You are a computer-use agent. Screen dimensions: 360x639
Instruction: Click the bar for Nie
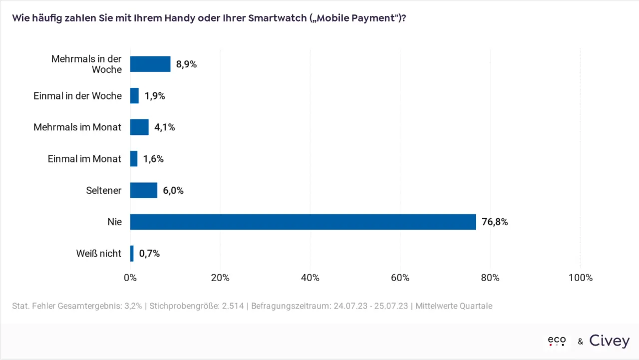(303, 222)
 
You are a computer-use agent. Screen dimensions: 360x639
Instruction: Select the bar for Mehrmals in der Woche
(150, 64)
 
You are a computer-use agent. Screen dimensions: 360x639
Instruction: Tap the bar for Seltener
(144, 190)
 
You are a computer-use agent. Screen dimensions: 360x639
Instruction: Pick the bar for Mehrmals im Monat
(139, 127)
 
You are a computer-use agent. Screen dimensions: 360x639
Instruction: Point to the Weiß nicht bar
(132, 254)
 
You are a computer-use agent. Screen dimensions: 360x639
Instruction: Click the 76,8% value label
(495, 222)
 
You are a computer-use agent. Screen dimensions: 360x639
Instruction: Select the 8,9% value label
(186, 64)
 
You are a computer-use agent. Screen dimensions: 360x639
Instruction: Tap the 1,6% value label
(153, 159)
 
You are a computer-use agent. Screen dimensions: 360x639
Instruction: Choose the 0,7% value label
(149, 254)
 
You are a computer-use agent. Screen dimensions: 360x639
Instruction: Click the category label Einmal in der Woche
(77, 95)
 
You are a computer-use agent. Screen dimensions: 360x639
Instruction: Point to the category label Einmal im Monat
(84, 159)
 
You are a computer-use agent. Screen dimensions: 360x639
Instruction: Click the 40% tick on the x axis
(310, 278)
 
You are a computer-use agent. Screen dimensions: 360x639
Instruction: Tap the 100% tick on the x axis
(580, 278)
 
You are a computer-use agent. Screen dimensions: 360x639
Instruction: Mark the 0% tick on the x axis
(130, 278)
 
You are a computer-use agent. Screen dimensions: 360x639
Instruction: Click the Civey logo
(609, 341)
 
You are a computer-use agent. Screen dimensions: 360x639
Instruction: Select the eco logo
(557, 341)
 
